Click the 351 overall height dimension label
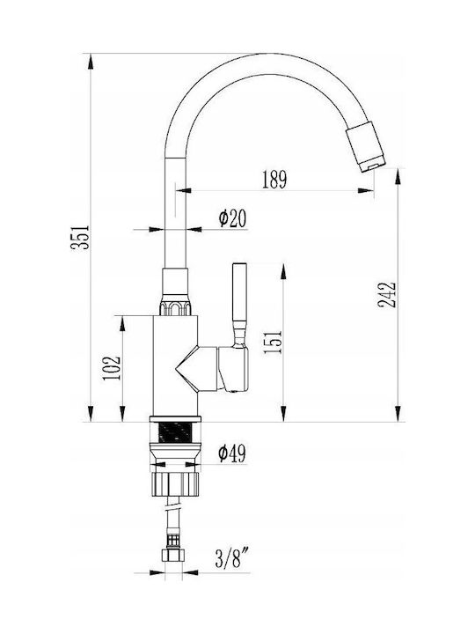[x=80, y=237]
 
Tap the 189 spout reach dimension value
[x=274, y=180]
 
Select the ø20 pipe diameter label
[x=232, y=218]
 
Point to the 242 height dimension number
[x=387, y=295]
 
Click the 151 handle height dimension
[x=272, y=342]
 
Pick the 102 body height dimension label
[x=112, y=367]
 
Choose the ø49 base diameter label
[x=232, y=453]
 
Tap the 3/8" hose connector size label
[x=232, y=560]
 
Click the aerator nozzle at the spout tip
[x=366, y=146]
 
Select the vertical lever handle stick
[x=239, y=303]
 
